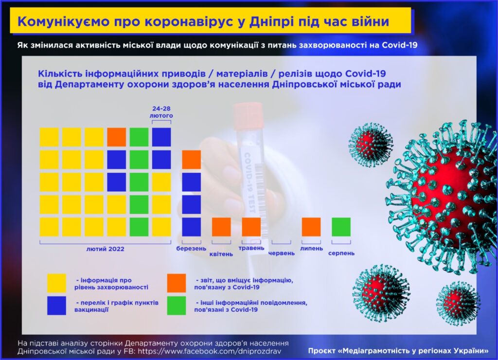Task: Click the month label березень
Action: [191, 249]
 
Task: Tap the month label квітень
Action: [221, 254]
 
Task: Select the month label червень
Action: [282, 253]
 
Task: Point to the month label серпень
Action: [341, 253]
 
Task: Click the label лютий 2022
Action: [105, 249]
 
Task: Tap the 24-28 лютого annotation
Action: [161, 112]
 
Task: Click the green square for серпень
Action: [341, 227]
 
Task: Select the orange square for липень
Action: [311, 227]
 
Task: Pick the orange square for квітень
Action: [221, 227]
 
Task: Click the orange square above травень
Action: [251, 227]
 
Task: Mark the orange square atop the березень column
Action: [192, 160]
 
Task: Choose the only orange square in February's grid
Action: [117, 137]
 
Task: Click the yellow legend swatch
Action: [56, 283]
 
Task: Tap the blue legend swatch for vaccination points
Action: [56, 306]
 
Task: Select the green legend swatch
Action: [177, 306]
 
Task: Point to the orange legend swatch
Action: [177, 283]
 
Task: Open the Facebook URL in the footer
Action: [209, 351]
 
